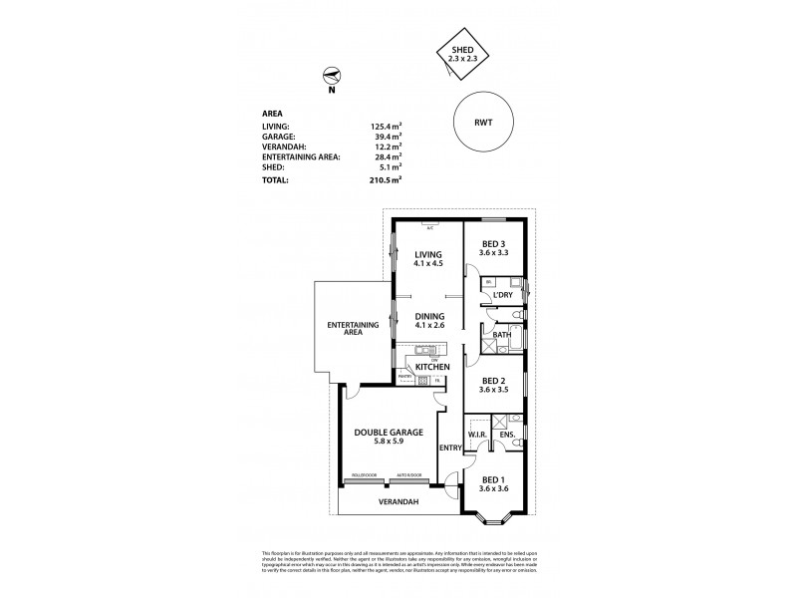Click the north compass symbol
(x=332, y=76)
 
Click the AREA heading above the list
(x=272, y=115)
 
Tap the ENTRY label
(x=450, y=448)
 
